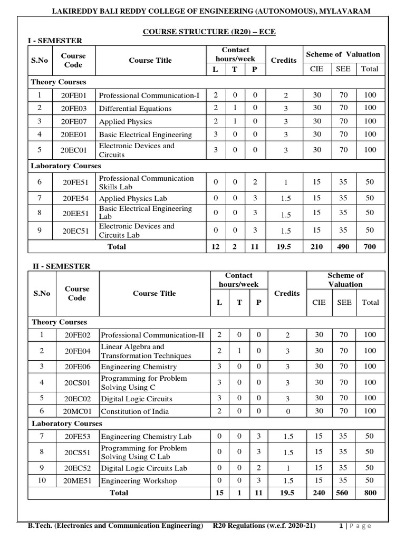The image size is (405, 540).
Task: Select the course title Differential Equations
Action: pos(135,109)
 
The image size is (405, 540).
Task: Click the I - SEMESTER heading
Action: pos(55,41)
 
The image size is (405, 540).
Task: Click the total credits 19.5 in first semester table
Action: pos(285,246)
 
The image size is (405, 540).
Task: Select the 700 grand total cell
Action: pos(370,246)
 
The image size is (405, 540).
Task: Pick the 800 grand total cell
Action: pos(370,493)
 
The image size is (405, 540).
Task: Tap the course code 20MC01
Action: pos(78,411)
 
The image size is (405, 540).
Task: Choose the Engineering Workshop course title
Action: pos(139,481)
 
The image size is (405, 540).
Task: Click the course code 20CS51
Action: pos(78,452)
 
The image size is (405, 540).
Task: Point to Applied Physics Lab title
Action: pos(133,198)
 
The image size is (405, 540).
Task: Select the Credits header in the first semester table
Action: pos(284,60)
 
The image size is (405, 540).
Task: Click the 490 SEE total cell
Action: pos(343,246)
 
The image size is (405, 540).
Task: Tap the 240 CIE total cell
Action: pos(319,493)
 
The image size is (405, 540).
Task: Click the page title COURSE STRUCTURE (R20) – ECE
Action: pos(209,32)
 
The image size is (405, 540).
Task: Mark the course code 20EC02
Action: pos(78,399)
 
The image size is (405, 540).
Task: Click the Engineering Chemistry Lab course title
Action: pos(146,437)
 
